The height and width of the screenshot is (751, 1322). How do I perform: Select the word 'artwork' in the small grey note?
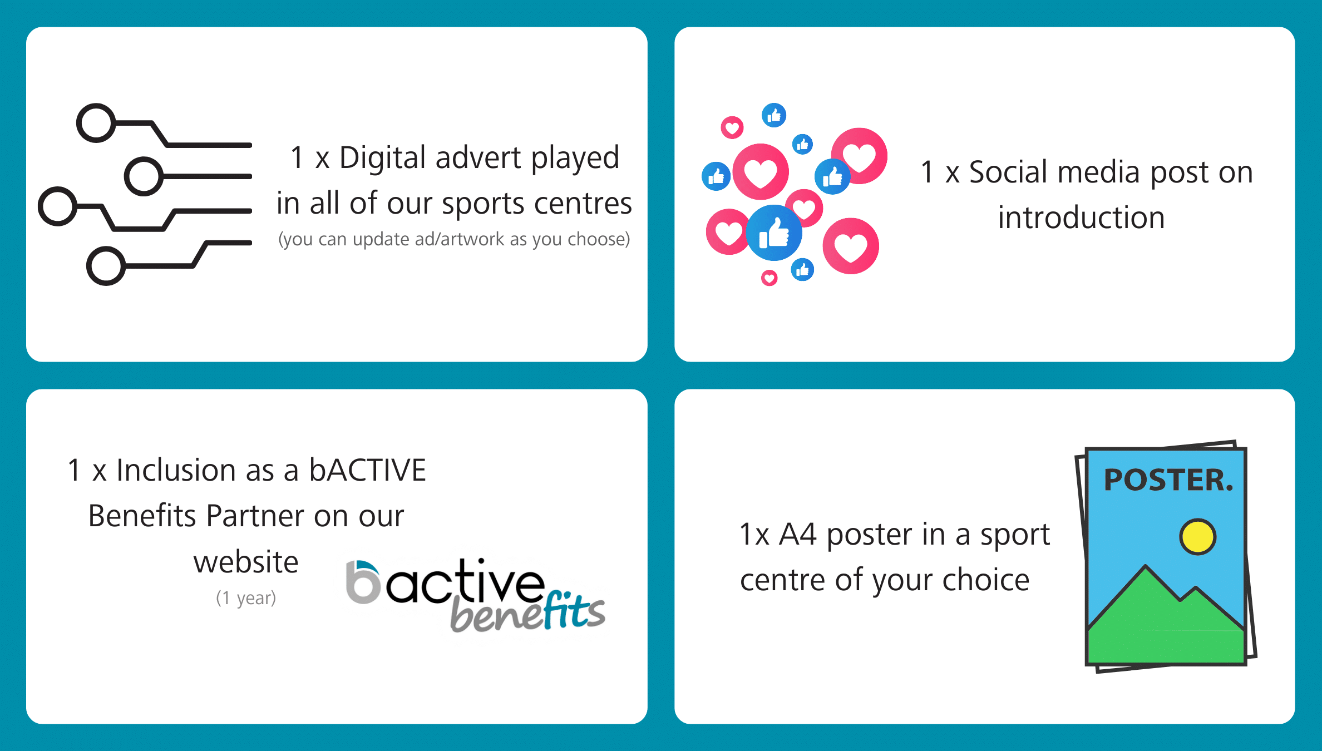(x=472, y=239)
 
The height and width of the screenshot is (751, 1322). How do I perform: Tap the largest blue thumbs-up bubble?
(x=774, y=233)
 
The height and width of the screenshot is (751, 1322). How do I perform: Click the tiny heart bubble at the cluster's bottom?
(x=769, y=278)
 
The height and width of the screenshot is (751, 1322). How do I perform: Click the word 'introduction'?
(x=1081, y=218)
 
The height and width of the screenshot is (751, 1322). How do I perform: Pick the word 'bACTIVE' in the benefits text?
(x=368, y=470)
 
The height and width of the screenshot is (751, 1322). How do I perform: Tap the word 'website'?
(x=246, y=562)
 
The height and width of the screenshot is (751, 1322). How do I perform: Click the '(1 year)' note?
(x=246, y=598)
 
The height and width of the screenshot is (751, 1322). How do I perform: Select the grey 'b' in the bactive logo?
(x=363, y=582)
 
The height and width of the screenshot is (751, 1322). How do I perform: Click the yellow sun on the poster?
(x=1198, y=537)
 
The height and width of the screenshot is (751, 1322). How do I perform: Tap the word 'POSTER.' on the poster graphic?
(x=1168, y=480)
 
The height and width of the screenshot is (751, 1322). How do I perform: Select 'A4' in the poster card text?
(x=797, y=535)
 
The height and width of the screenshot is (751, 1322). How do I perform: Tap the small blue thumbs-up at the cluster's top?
(x=774, y=115)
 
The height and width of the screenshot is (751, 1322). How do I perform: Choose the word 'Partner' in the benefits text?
(x=255, y=516)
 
